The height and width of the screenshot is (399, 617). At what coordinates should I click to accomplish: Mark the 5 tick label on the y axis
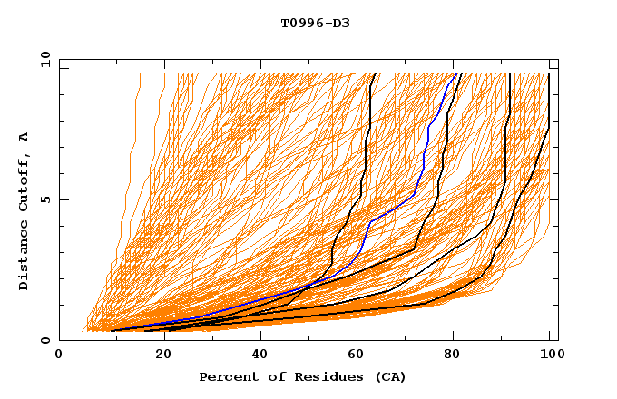coord(44,199)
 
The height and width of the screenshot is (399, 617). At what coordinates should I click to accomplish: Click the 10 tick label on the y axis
coord(42,59)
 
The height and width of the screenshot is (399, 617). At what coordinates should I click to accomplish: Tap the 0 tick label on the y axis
coord(44,340)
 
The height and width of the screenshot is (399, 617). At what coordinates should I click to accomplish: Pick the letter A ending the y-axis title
coord(24,136)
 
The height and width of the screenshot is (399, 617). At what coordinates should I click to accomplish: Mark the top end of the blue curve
coord(455,73)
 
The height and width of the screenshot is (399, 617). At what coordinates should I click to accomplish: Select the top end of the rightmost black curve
coord(548,73)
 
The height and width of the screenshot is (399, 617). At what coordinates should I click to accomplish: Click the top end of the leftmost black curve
coord(377,73)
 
